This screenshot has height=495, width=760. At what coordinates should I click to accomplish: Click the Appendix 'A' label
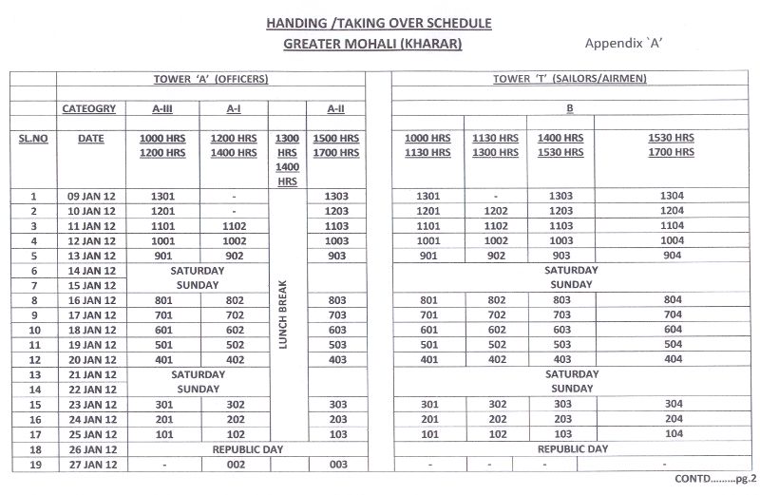[630, 44]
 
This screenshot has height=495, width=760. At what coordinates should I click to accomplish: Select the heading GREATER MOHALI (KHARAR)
[372, 44]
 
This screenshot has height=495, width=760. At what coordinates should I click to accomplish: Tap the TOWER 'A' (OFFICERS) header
[211, 79]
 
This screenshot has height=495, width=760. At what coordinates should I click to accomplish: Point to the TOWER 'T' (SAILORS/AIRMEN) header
[570, 79]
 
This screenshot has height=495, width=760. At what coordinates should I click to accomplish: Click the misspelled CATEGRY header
[89, 109]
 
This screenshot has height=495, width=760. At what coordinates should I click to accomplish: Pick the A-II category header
[335, 109]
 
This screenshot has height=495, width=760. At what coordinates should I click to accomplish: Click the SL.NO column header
[32, 139]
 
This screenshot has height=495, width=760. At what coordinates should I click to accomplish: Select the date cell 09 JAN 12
[91, 197]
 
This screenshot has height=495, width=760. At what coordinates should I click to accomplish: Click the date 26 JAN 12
[91, 449]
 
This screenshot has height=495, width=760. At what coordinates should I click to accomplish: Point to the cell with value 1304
[672, 197]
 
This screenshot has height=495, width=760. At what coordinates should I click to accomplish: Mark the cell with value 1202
[496, 211]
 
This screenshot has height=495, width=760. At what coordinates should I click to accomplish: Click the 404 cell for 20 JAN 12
[672, 360]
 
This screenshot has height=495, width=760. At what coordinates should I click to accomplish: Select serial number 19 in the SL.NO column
[32, 465]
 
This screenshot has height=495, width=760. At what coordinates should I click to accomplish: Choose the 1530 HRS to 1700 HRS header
[672, 145]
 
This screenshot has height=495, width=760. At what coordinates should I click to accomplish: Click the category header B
[569, 109]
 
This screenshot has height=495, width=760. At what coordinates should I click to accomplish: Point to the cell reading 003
[335, 465]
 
